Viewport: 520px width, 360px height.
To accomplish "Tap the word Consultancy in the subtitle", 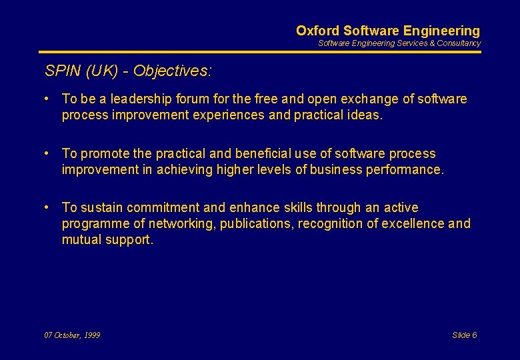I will click(x=459, y=43).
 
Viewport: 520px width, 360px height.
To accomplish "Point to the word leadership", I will click(x=142, y=99).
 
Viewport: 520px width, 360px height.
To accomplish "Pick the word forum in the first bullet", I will click(x=193, y=99).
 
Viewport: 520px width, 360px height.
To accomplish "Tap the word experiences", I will click(x=252, y=115).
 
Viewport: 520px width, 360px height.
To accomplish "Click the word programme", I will click(x=93, y=223).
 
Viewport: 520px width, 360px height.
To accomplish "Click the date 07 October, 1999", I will click(x=72, y=335).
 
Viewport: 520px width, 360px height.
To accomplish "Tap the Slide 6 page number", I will click(x=465, y=335).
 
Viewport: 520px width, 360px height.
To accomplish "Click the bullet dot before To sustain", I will click(x=48, y=207).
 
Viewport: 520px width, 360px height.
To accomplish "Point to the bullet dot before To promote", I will click(x=48, y=153).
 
